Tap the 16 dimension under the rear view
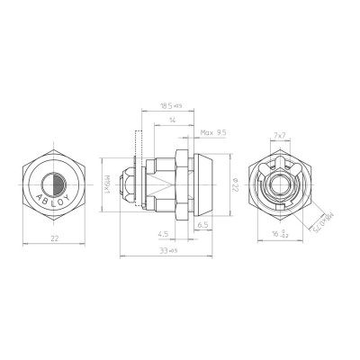(x=281, y=237)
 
